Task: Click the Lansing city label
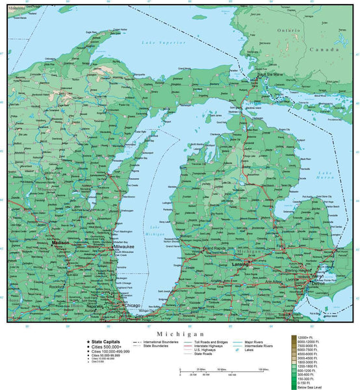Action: (x=240, y=265)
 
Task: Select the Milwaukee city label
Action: (x=124, y=248)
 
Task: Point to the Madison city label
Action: (x=60, y=242)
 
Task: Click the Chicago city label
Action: (x=133, y=305)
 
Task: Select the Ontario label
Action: (x=288, y=30)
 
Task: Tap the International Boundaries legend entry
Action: (x=157, y=341)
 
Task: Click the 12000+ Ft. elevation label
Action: (x=303, y=337)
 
